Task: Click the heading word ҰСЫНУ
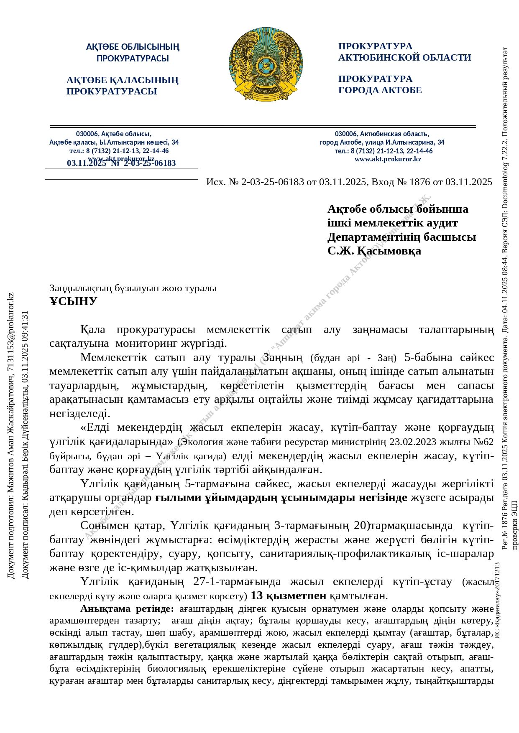(x=73, y=301)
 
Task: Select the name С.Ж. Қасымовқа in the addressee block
(x=374, y=251)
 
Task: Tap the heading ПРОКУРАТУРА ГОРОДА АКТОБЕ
(x=380, y=84)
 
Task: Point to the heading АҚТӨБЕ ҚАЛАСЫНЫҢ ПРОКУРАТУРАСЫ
(x=122, y=86)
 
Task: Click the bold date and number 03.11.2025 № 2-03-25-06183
(x=121, y=163)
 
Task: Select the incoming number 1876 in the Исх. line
(x=419, y=182)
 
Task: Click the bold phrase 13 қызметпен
(x=288, y=596)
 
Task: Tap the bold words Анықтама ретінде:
(x=127, y=608)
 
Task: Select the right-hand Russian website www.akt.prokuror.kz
(x=388, y=159)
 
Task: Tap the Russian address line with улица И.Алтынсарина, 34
(x=382, y=142)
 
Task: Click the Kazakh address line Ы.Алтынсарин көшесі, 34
(x=114, y=142)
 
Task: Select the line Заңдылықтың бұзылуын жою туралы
(x=133, y=288)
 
